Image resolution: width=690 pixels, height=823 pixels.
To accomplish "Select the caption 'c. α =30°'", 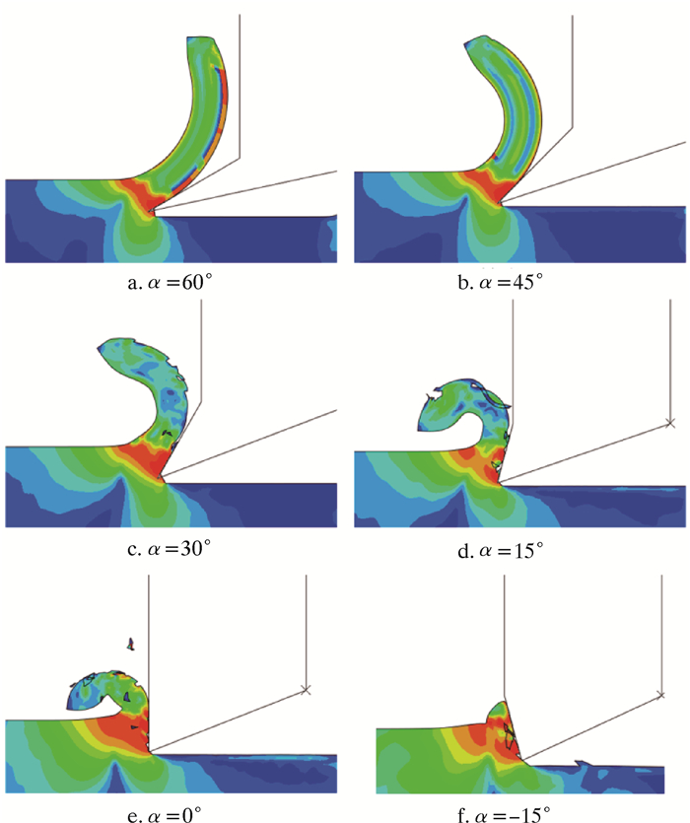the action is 170,548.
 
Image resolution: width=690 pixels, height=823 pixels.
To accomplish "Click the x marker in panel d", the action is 669,423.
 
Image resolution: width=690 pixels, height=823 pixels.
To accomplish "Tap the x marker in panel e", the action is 306,689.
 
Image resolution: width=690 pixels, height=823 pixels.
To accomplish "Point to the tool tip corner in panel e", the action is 149,753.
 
